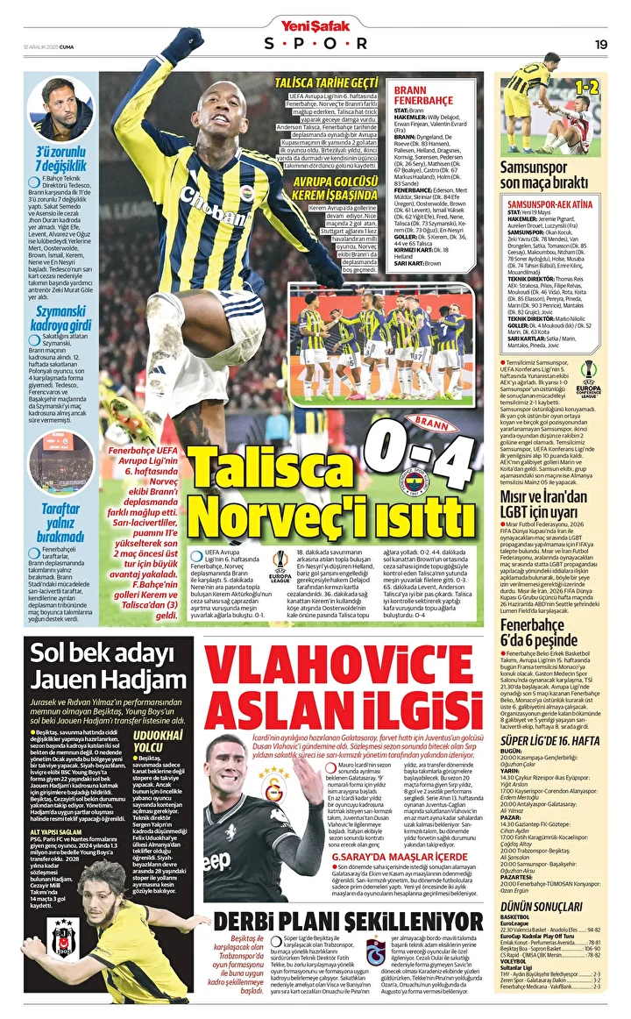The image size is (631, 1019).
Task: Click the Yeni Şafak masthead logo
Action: (x=315, y=24)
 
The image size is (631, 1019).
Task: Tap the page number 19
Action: (x=601, y=44)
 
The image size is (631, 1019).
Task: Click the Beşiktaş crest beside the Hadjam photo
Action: (x=64, y=937)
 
